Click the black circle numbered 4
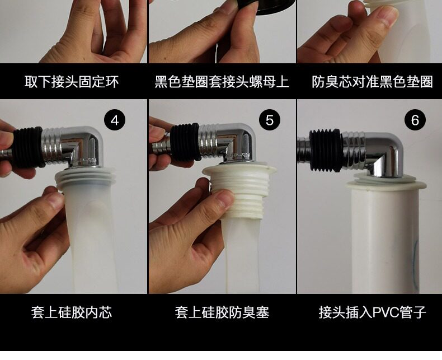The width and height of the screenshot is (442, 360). (115, 120)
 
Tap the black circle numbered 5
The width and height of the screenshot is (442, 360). (270, 120)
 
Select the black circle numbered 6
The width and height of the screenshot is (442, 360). (415, 120)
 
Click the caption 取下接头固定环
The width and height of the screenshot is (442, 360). (71, 82)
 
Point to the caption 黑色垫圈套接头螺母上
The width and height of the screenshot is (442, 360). (222, 82)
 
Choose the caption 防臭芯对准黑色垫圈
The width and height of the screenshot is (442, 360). (372, 82)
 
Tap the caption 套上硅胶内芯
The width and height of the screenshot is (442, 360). (72, 312)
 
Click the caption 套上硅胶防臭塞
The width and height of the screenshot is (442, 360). (222, 312)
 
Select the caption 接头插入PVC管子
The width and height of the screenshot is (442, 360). (372, 312)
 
